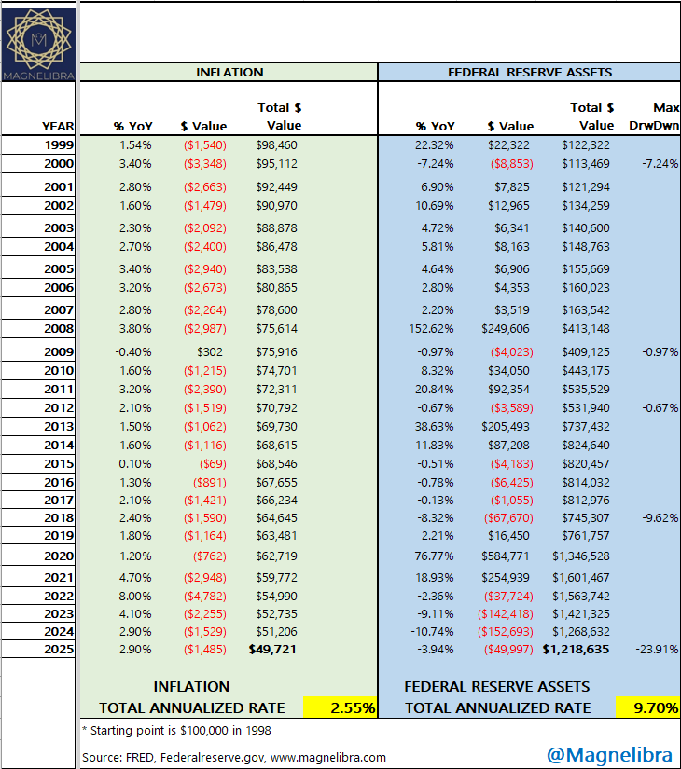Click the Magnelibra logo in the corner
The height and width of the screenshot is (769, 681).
[38, 42]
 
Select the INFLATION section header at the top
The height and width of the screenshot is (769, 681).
[229, 72]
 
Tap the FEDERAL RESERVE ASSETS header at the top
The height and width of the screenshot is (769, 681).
[530, 72]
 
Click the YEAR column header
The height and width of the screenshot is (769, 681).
[58, 126]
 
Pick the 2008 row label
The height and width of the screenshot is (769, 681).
[58, 328]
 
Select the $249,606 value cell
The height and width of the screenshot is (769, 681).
[507, 328]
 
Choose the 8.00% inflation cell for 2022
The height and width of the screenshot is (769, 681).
[135, 596]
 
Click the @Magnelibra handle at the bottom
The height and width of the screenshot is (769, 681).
[611, 751]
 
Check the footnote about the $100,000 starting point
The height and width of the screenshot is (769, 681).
[176, 729]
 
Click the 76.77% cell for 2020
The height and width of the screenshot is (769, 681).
[435, 556]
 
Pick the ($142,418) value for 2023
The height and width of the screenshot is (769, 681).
[509, 613]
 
